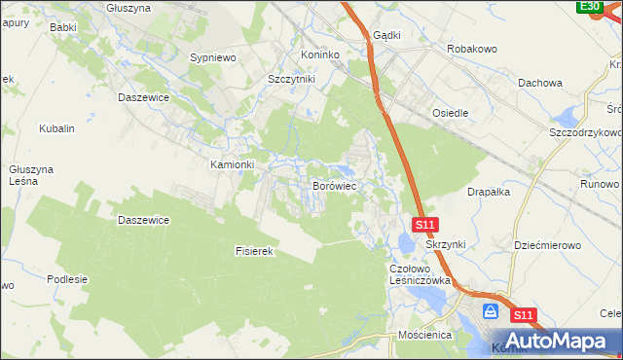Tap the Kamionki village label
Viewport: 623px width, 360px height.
point(233,164)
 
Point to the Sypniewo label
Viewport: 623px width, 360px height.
point(214,58)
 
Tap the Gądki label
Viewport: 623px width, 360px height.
point(386,34)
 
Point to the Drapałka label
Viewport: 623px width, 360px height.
point(489,193)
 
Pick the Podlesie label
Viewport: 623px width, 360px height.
point(67,279)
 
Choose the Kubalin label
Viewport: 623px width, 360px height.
point(56,128)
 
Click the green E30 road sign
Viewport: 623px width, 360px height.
point(588,7)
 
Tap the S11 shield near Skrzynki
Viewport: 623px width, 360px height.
point(423,225)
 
